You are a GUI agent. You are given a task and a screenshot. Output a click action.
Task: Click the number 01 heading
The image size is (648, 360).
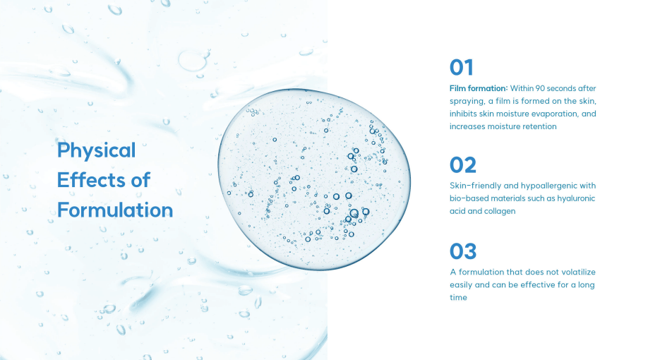pos(461,67)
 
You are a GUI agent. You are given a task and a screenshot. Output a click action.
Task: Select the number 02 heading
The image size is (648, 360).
pos(463,165)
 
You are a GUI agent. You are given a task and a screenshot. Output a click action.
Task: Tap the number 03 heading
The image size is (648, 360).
pos(463,251)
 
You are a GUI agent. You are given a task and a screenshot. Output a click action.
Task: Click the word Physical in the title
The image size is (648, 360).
pos(96,150)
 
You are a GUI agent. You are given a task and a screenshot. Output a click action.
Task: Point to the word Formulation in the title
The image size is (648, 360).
pos(115,210)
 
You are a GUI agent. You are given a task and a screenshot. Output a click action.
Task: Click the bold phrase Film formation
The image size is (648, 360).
pos(479,88)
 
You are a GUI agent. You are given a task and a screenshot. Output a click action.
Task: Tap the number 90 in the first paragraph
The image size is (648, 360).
pos(540,88)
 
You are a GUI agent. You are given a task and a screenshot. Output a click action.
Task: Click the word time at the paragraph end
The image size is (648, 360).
pos(458,298)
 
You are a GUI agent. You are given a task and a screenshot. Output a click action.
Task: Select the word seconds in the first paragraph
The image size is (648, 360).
pos(562,88)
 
